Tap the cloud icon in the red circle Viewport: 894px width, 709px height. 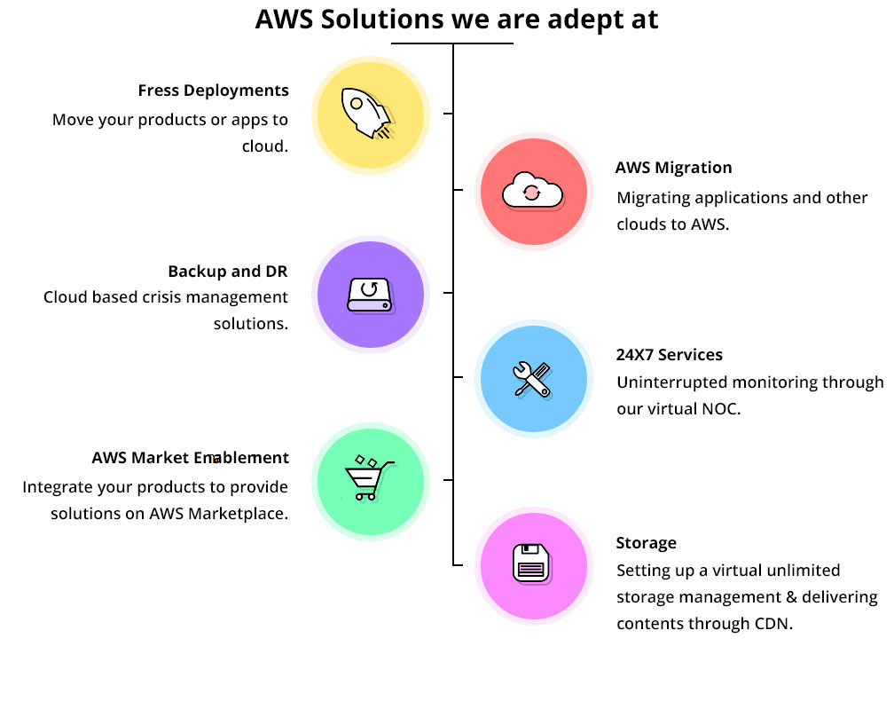(532, 191)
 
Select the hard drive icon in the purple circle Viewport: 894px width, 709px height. (370, 295)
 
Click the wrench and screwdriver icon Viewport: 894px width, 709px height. (532, 379)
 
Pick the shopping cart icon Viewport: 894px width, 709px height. (369, 478)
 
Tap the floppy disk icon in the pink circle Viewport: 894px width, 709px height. (531, 564)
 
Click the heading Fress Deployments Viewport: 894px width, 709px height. (213, 91)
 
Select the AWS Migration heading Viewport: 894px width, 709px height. (673, 168)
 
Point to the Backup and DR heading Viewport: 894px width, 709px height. (227, 272)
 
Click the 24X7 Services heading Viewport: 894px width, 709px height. (670, 355)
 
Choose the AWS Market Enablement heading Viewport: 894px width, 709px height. (191, 458)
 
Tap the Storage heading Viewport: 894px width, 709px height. (646, 543)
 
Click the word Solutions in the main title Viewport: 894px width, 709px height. (382, 20)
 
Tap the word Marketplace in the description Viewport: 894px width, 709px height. (238, 514)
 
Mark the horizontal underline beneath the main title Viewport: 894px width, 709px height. (452, 43)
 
